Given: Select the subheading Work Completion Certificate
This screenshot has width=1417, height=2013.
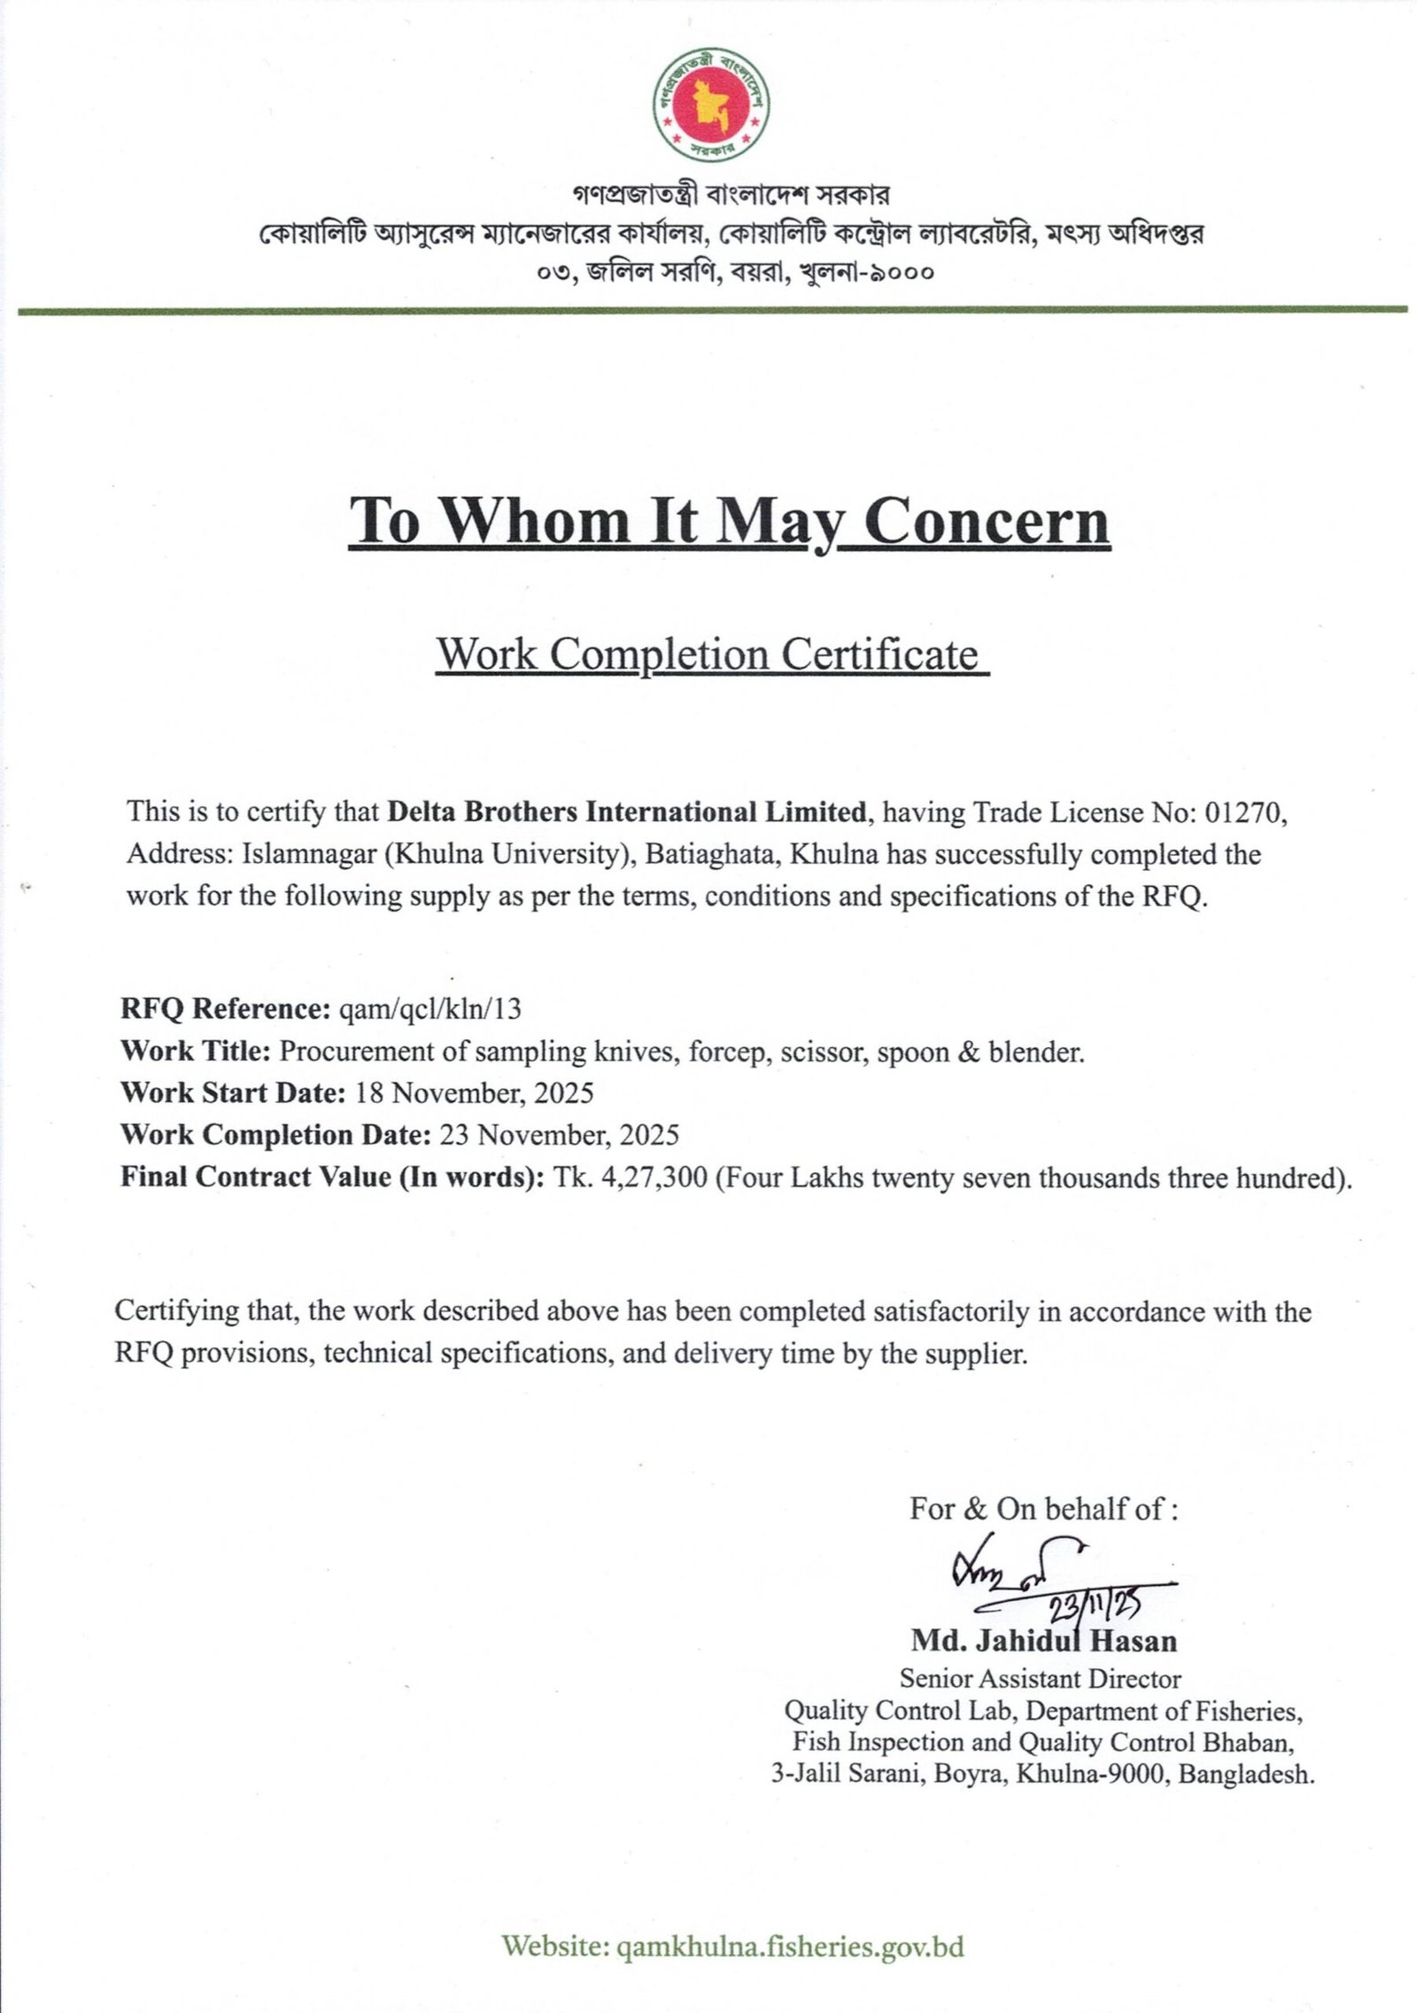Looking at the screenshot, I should click(x=709, y=654).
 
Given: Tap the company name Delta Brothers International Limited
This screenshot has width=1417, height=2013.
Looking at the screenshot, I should click(x=627, y=812).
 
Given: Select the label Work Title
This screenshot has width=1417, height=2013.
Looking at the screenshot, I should click(x=195, y=1051).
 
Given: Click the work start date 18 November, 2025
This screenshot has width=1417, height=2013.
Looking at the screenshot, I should click(x=474, y=1092).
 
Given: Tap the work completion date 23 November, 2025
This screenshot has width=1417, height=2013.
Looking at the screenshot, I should click(x=559, y=1135).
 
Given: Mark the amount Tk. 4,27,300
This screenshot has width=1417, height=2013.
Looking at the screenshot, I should click(x=630, y=1177).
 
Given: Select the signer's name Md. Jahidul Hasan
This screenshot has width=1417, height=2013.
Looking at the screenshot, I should click(x=1044, y=1642).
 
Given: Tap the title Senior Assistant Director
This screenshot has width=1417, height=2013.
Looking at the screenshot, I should click(x=1041, y=1678).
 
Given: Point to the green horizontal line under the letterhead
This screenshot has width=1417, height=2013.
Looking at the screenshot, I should click(x=708, y=310).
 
